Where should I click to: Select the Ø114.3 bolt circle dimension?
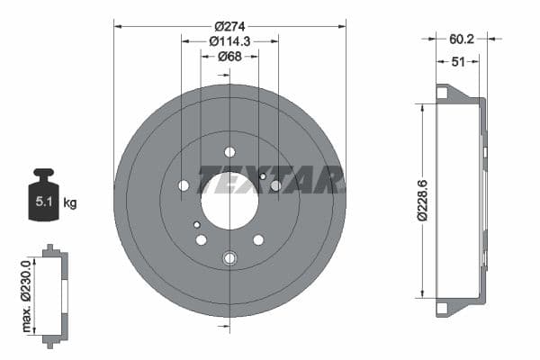point(229,41)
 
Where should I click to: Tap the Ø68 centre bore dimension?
point(229,58)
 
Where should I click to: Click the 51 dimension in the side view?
point(459,61)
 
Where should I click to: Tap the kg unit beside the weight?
point(69,202)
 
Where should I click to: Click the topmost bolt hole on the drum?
point(229,151)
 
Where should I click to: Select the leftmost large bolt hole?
point(184,185)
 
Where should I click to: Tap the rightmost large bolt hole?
point(275,185)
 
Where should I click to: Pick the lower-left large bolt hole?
point(201,240)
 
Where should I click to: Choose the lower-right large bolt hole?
point(258,240)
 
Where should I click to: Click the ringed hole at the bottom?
point(229,259)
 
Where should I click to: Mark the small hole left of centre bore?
point(196,224)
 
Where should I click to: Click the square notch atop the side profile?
point(443,92)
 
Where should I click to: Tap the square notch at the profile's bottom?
point(443,309)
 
